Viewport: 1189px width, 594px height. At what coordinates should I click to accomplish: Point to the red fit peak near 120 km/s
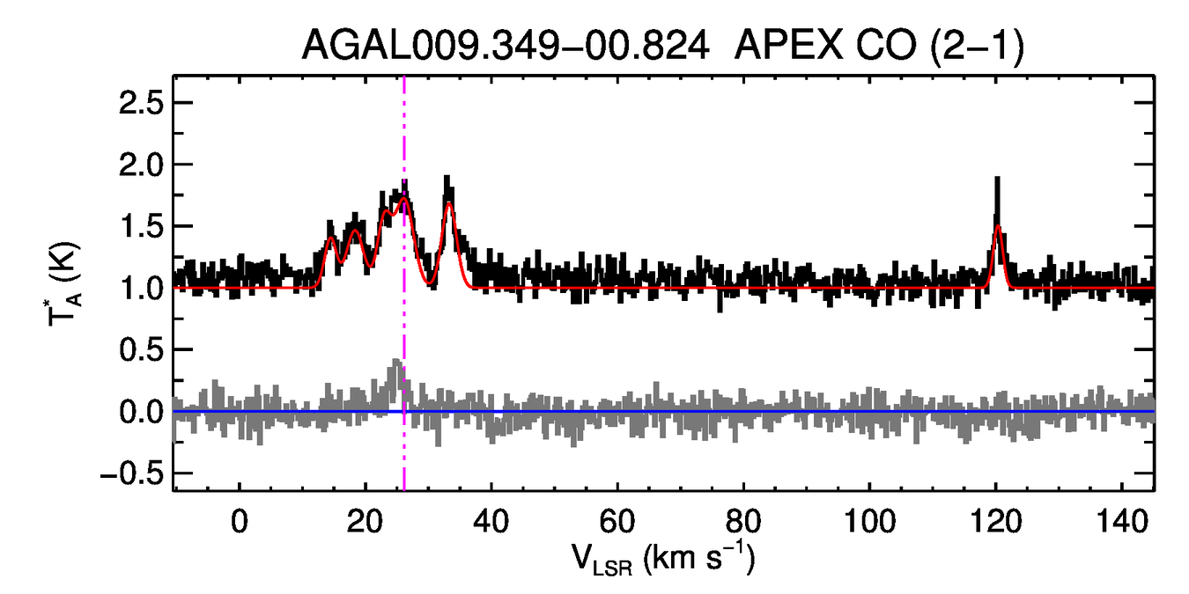[x=998, y=227]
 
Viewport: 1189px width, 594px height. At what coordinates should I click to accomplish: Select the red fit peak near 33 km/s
[x=449, y=204]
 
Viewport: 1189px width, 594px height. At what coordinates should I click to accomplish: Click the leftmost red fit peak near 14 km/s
[x=330, y=238]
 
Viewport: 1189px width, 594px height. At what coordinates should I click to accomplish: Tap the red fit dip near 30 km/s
[x=430, y=282]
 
